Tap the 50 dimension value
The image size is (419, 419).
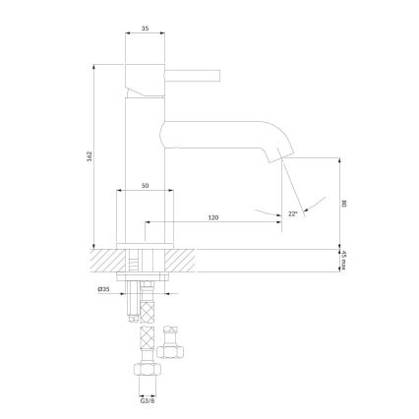pos(146,185)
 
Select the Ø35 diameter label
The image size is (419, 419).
pos(103,288)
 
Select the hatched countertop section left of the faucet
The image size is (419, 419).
pos(106,263)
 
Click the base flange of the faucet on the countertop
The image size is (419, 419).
pos(146,246)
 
